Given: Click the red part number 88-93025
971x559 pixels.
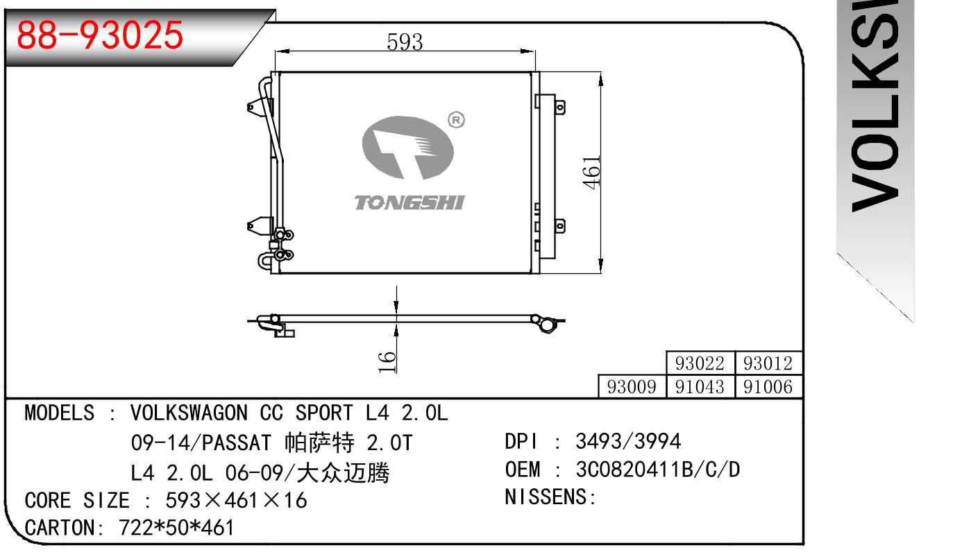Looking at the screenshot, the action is point(100,35).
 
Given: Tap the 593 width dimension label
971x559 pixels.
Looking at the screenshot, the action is point(405,42).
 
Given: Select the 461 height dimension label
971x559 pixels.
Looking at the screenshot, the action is point(591,172).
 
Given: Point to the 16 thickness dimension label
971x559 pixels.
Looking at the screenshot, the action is point(387,363).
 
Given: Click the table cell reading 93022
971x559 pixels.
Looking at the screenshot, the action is point(700,363).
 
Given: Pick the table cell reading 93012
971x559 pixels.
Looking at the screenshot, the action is point(768,363).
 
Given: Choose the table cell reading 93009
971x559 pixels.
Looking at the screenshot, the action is point(632,386).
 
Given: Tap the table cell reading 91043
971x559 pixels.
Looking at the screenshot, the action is point(700,386).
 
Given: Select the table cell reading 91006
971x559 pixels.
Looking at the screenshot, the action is point(768,386).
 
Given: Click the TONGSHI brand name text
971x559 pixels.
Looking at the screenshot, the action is point(409,203).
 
